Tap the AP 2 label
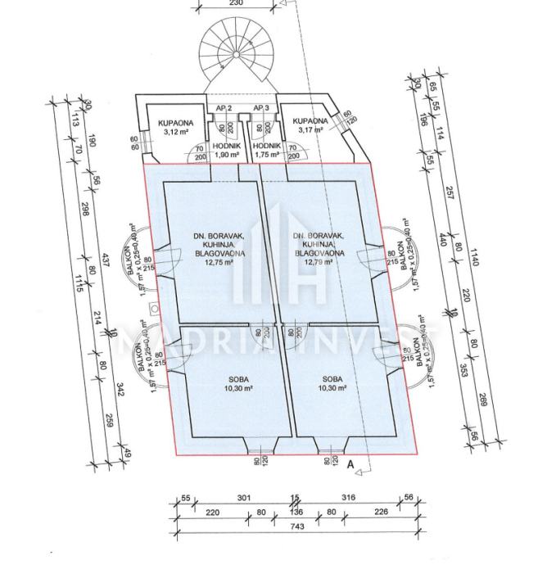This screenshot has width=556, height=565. pos(224,108)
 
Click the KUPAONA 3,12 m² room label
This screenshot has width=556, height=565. pos(175,125)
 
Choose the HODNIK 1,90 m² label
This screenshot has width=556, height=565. pos(227,150)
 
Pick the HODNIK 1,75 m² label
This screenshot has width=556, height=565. pos(268,150)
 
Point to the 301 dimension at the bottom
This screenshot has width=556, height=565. pos(242,497)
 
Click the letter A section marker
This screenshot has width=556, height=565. pos(351,464)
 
